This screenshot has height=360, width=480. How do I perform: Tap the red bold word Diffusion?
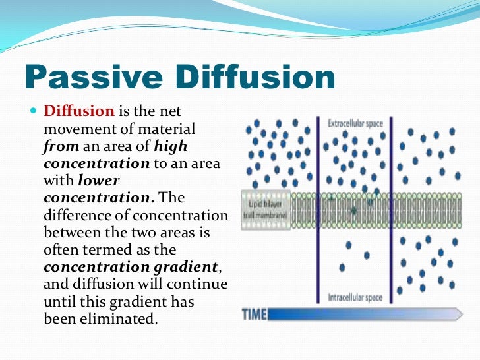(79, 111)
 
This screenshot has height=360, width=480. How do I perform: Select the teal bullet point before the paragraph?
(35, 111)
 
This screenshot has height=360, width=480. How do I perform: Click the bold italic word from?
(61, 145)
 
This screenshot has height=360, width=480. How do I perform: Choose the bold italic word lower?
(100, 179)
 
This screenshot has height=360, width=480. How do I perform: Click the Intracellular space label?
(355, 297)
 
